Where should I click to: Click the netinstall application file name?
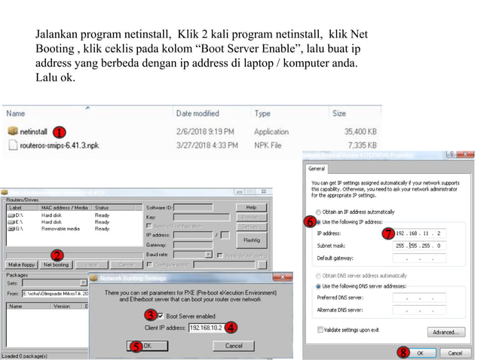[33, 131]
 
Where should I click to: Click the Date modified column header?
[197, 113]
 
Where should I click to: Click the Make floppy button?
[23, 264]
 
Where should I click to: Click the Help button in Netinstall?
[251, 207]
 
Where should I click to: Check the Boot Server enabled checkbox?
[160, 315]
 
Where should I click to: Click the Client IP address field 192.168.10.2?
[205, 328]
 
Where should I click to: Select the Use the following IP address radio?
[319, 222]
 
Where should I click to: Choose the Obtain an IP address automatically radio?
[319, 211]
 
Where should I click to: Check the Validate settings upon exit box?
[319, 330]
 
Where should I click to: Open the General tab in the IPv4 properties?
[316, 169]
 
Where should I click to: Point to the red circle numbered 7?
[388, 233]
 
